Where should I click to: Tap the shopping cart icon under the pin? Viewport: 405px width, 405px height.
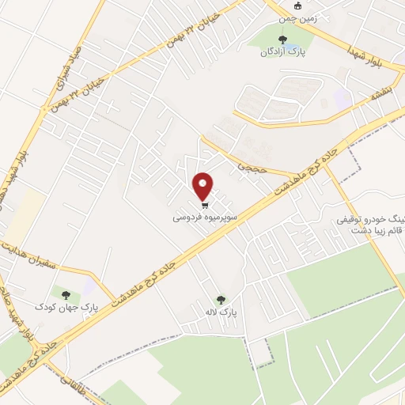pyautogui.click(x=204, y=202)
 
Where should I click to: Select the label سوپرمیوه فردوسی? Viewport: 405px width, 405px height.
pyautogui.click(x=204, y=214)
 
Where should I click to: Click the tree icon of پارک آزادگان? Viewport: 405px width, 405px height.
pyautogui.click(x=281, y=39)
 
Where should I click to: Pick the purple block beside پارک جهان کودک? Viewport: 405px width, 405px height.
pyautogui.click(x=94, y=282)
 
